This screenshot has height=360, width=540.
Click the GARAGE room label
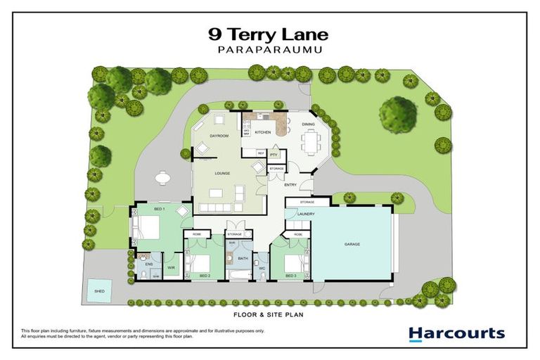click(352, 244)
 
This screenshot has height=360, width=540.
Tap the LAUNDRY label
click(305, 214)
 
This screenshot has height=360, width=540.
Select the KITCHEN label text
click(262, 132)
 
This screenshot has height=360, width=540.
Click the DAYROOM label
click(220, 136)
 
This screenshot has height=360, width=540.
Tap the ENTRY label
click(290, 185)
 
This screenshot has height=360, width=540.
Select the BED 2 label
click(204, 276)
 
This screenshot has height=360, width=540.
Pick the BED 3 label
click(290, 276)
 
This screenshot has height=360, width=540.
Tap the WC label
click(261, 268)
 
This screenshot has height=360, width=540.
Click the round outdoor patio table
click(163, 178)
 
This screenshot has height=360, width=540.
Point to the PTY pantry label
click(274, 153)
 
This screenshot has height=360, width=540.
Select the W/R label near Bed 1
click(171, 267)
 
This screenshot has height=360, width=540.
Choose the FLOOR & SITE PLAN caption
click(269, 315)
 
